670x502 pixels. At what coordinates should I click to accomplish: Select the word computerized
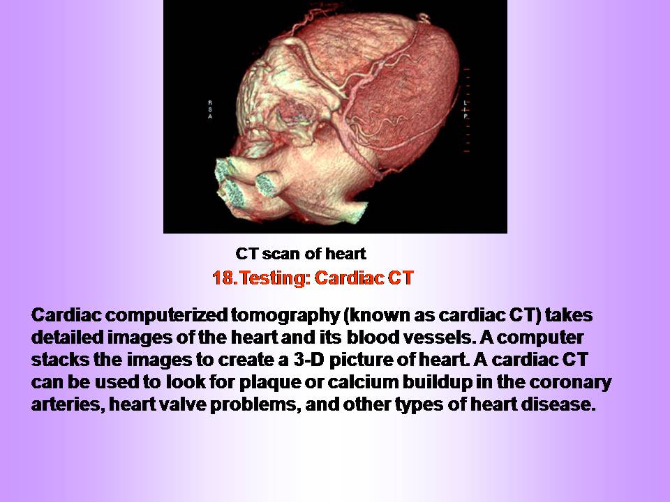click(166, 315)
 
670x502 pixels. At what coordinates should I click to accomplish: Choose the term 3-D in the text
click(309, 360)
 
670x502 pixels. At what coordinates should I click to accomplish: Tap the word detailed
click(68, 337)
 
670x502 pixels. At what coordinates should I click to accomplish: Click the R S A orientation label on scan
click(210, 109)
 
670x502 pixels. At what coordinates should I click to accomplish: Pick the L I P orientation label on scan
click(466, 109)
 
